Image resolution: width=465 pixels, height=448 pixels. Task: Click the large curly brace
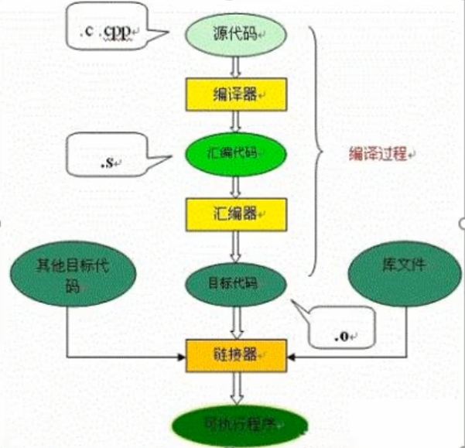[316, 151]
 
